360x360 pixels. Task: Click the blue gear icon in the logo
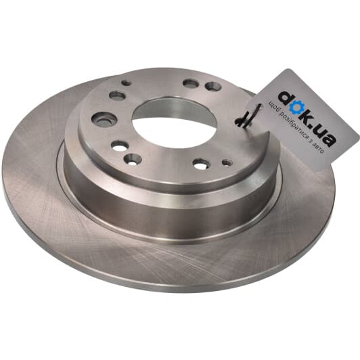(295, 108)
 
